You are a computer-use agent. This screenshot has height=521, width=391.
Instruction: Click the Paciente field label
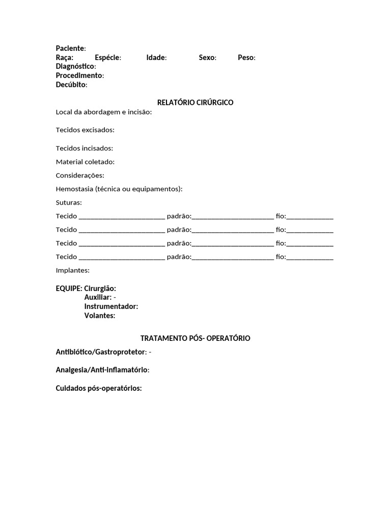pyautogui.click(x=70, y=48)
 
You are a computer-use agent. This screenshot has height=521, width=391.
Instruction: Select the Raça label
pyautogui.click(x=65, y=57)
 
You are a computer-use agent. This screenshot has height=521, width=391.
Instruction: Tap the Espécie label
pyautogui.click(x=107, y=57)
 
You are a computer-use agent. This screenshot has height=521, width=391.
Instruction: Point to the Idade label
pyautogui.click(x=156, y=57)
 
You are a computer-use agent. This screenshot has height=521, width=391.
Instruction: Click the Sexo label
pyautogui.click(x=207, y=57)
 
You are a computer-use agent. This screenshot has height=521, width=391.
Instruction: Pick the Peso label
pyautogui.click(x=246, y=57)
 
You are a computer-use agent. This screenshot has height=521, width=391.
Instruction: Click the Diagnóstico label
pyautogui.click(x=75, y=67)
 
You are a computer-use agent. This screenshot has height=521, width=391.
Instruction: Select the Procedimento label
pyautogui.click(x=79, y=76)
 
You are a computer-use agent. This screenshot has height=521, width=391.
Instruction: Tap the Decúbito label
pyautogui.click(x=71, y=85)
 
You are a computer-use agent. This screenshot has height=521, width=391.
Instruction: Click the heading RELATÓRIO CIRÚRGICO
pyautogui.click(x=195, y=102)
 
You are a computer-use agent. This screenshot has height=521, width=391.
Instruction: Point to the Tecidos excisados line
pyautogui.click(x=85, y=130)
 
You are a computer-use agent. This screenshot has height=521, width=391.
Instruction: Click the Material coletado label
pyautogui.click(x=85, y=162)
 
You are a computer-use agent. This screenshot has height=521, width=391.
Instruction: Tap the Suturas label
pyautogui.click(x=69, y=202)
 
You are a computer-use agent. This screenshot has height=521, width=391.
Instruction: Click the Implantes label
pyautogui.click(x=72, y=270)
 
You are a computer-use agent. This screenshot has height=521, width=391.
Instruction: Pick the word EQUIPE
pyautogui.click(x=69, y=288)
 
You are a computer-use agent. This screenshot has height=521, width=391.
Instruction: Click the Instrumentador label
pyautogui.click(x=111, y=306)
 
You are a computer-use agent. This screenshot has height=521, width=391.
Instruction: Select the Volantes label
pyautogui.click(x=100, y=315)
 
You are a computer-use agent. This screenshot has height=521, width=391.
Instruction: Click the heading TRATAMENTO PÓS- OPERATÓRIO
pyautogui.click(x=195, y=338)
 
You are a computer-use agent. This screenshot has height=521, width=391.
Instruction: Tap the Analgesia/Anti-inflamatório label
pyautogui.click(x=102, y=370)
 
